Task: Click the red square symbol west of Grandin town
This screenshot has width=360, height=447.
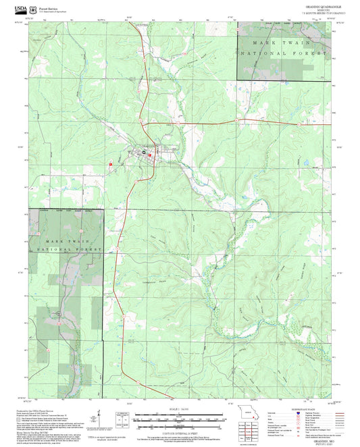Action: (x=111, y=164)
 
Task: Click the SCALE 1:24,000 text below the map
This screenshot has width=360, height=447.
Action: (x=178, y=409)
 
